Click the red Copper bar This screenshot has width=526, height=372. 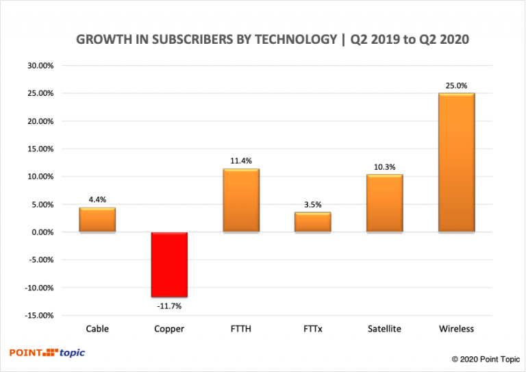(x=169, y=264)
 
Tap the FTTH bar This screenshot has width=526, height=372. (x=241, y=200)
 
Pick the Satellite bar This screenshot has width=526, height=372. (x=384, y=203)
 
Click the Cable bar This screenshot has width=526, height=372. (x=97, y=219)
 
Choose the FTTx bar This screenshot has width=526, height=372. (x=312, y=222)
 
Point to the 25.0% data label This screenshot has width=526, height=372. (x=456, y=86)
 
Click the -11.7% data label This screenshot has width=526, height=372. (x=169, y=306)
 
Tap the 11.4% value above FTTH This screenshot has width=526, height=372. (x=241, y=161)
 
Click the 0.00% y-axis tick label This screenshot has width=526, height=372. (x=42, y=232)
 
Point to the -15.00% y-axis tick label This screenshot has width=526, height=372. (x=38, y=315)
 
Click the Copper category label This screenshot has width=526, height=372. (x=169, y=329)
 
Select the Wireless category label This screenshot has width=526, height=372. (x=456, y=329)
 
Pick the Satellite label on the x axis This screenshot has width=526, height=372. (x=384, y=329)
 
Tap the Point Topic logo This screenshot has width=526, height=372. (x=47, y=353)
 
